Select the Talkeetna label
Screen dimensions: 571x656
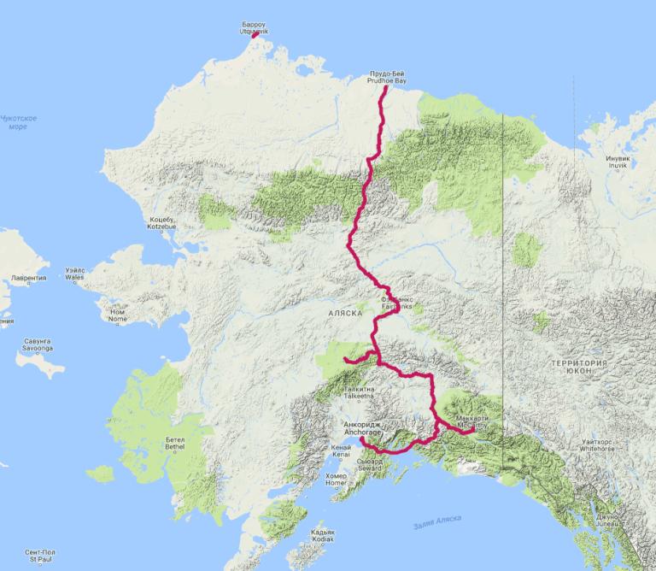click(359, 394)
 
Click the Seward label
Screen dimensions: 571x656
click(369, 467)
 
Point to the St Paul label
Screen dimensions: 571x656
click(40, 557)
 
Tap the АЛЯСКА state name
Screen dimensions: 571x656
click(346, 314)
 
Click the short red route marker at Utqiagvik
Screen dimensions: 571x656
click(255, 36)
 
